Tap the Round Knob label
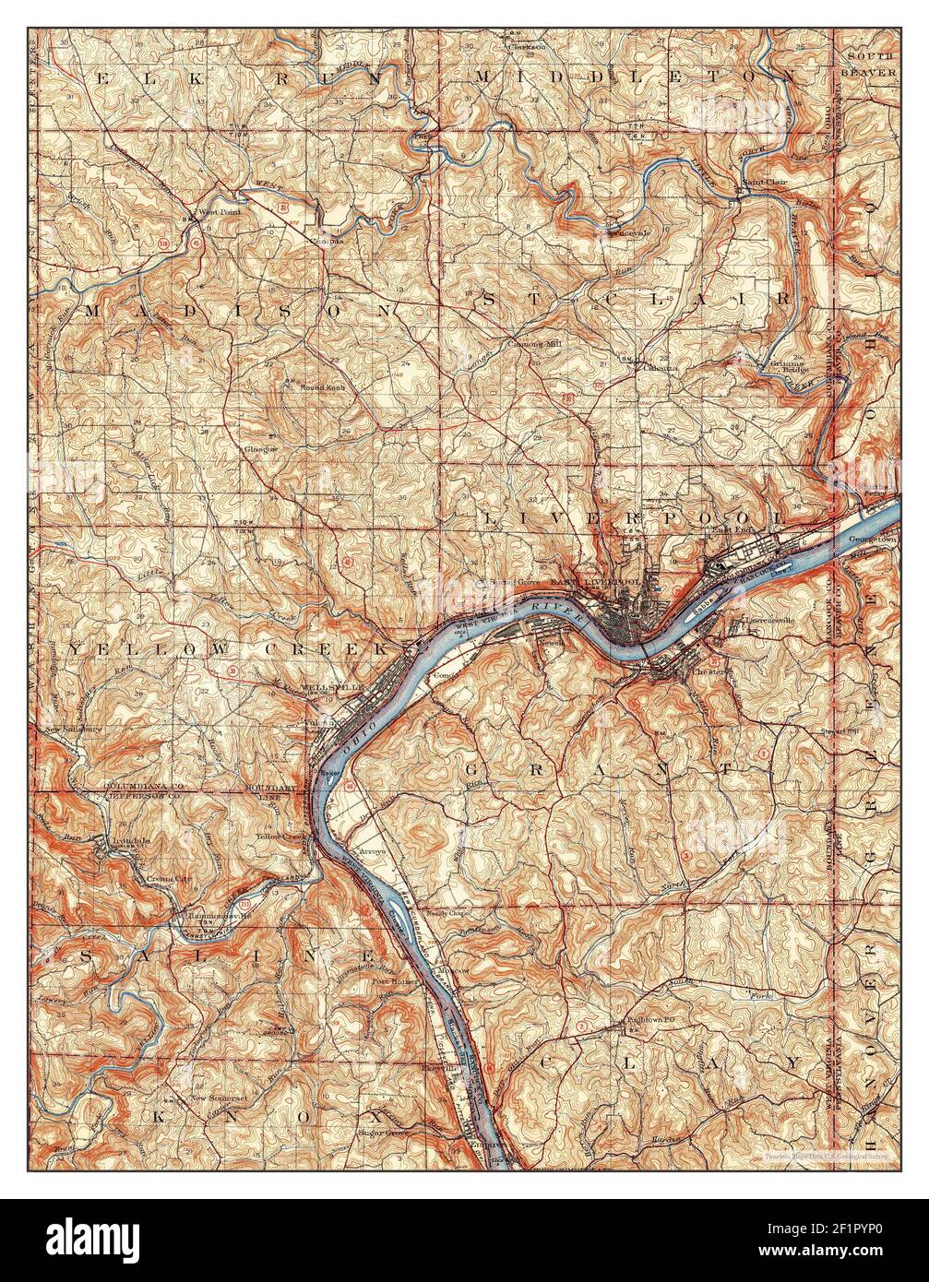click(323, 387)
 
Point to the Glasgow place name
click(261, 448)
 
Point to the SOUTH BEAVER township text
click(867, 64)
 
